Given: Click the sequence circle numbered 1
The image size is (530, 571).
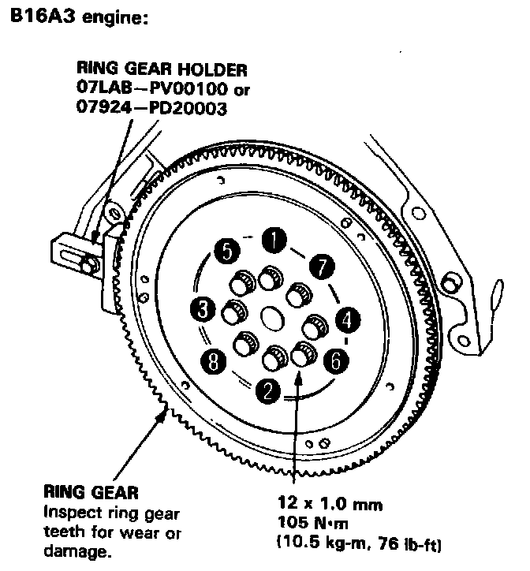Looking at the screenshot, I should (x=273, y=238).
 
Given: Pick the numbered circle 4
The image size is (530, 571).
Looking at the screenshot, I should (x=348, y=319).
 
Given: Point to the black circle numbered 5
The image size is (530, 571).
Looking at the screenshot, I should (x=226, y=252).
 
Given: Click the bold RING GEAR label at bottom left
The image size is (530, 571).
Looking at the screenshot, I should (x=91, y=494).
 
